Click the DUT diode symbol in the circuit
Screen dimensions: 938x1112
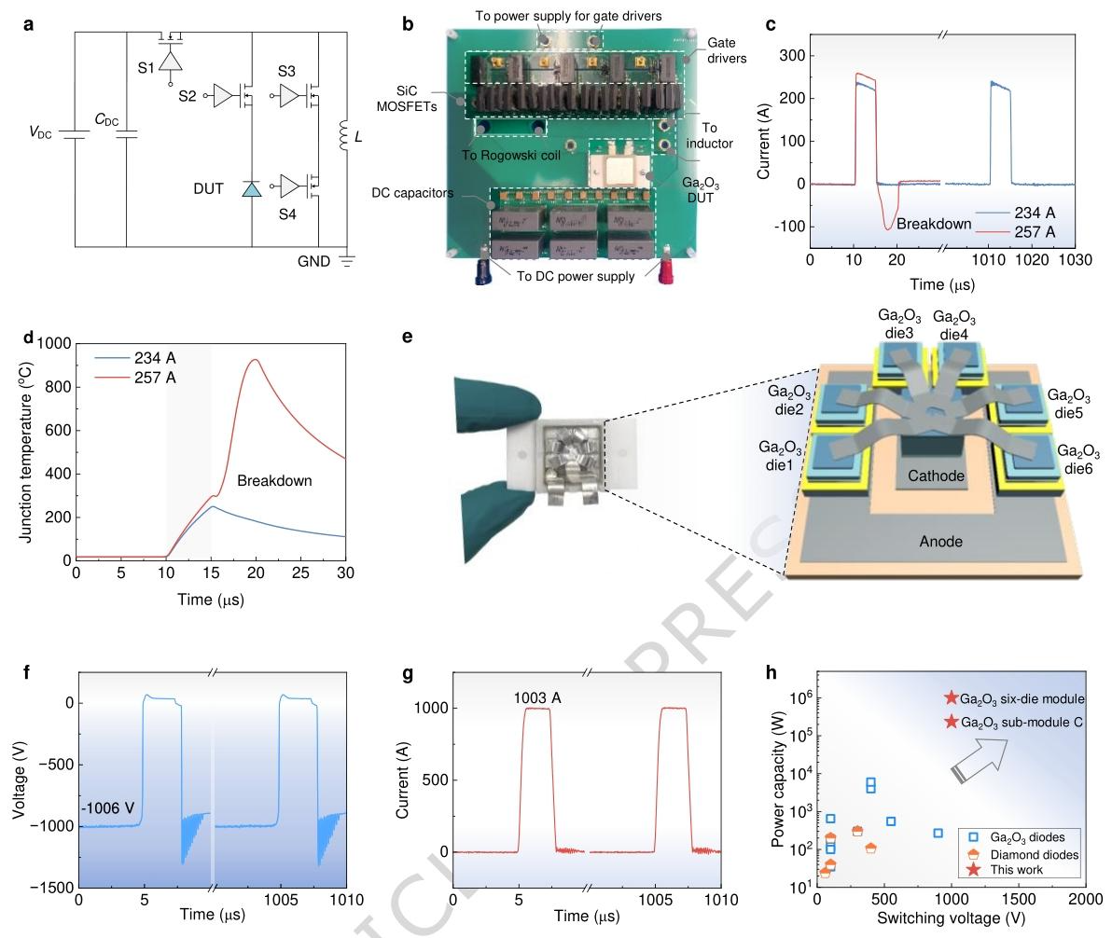point(252,189)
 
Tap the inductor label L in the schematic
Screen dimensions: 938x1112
point(358,137)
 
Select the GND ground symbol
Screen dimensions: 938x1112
point(348,262)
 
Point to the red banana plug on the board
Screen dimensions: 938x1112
point(666,269)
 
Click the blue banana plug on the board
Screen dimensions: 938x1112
point(484,269)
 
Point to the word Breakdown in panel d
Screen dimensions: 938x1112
point(274,481)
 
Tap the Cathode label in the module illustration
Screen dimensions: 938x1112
point(937,476)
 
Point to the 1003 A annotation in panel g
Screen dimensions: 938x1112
point(536,697)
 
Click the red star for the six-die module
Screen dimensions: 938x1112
point(951,698)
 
